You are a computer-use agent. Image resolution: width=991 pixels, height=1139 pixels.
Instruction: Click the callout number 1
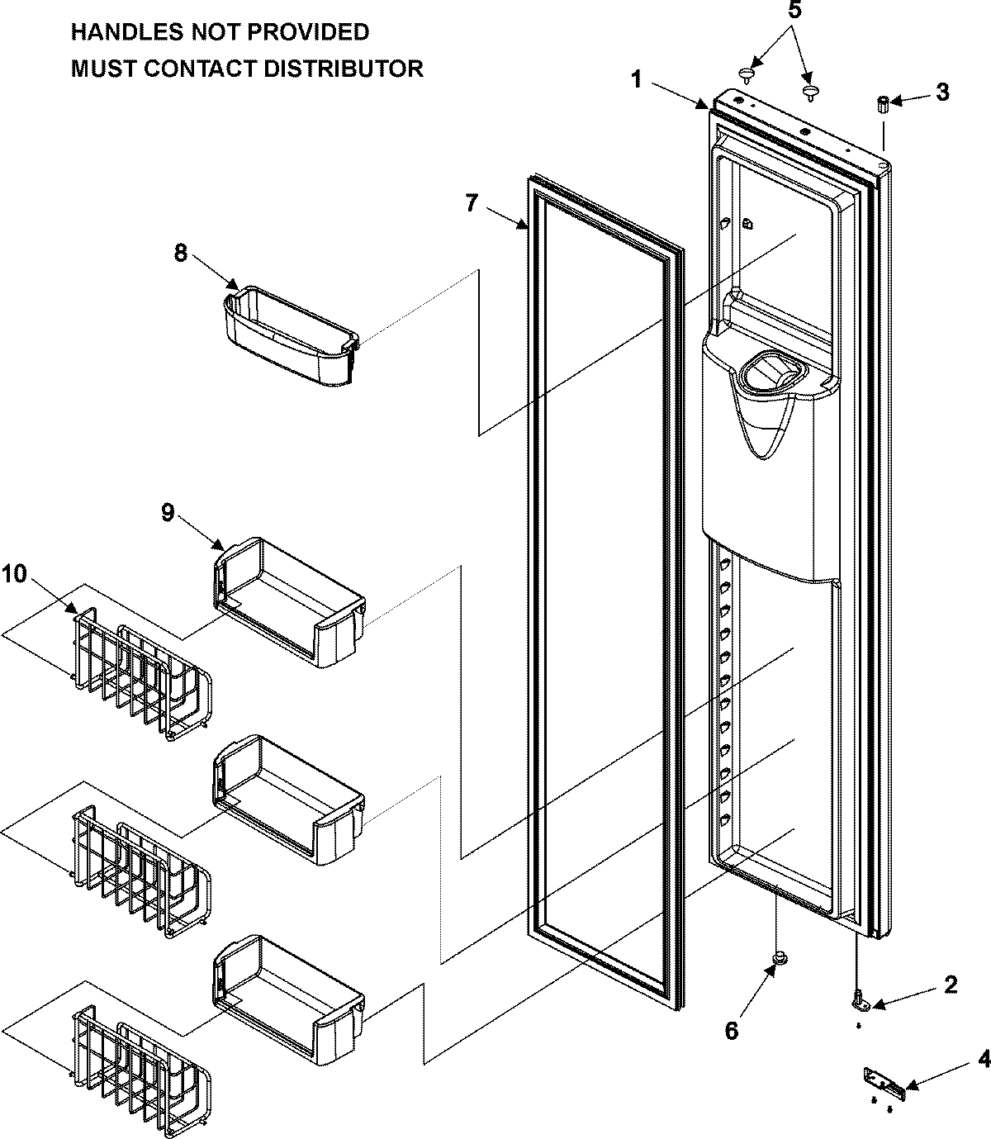coord(636,79)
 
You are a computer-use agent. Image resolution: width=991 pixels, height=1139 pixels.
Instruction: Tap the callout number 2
coord(951,983)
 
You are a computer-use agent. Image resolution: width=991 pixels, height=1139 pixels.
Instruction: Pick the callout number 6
coord(732,1030)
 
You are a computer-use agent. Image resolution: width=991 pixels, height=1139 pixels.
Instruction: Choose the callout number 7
coord(471,202)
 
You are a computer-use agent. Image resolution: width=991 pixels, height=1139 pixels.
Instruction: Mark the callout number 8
coord(181,253)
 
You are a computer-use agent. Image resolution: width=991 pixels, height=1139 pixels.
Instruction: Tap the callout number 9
coord(168,512)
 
